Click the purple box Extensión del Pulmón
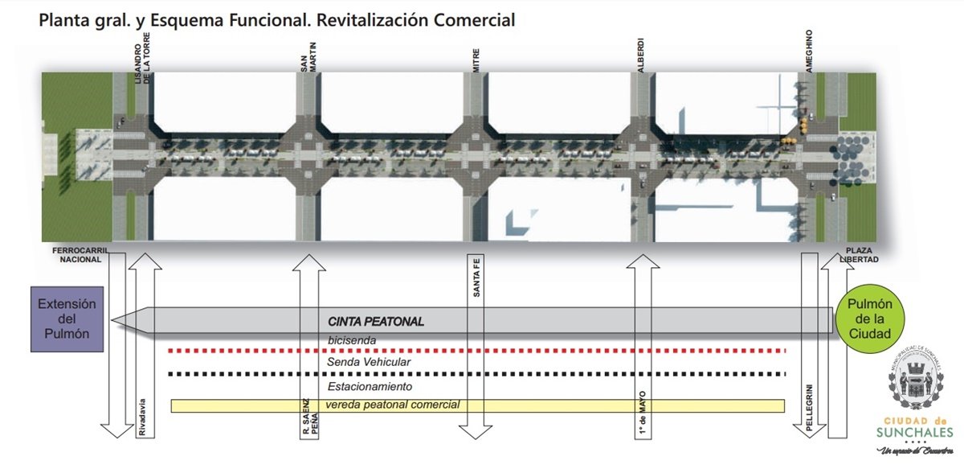[x=67, y=319]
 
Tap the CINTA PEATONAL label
[x=375, y=322]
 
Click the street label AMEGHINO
[x=810, y=53]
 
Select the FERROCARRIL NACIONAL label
[x=78, y=255]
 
